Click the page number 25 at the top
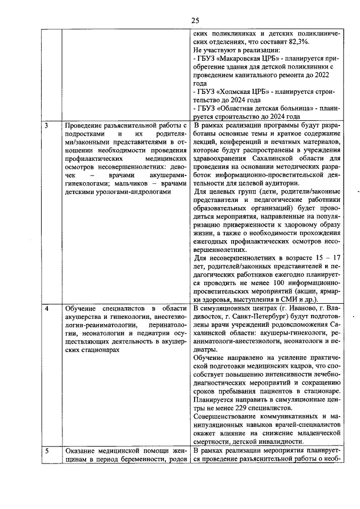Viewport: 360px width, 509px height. (195, 21)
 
